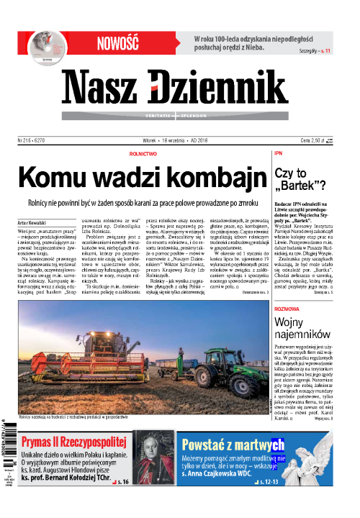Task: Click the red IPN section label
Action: (278, 154)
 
